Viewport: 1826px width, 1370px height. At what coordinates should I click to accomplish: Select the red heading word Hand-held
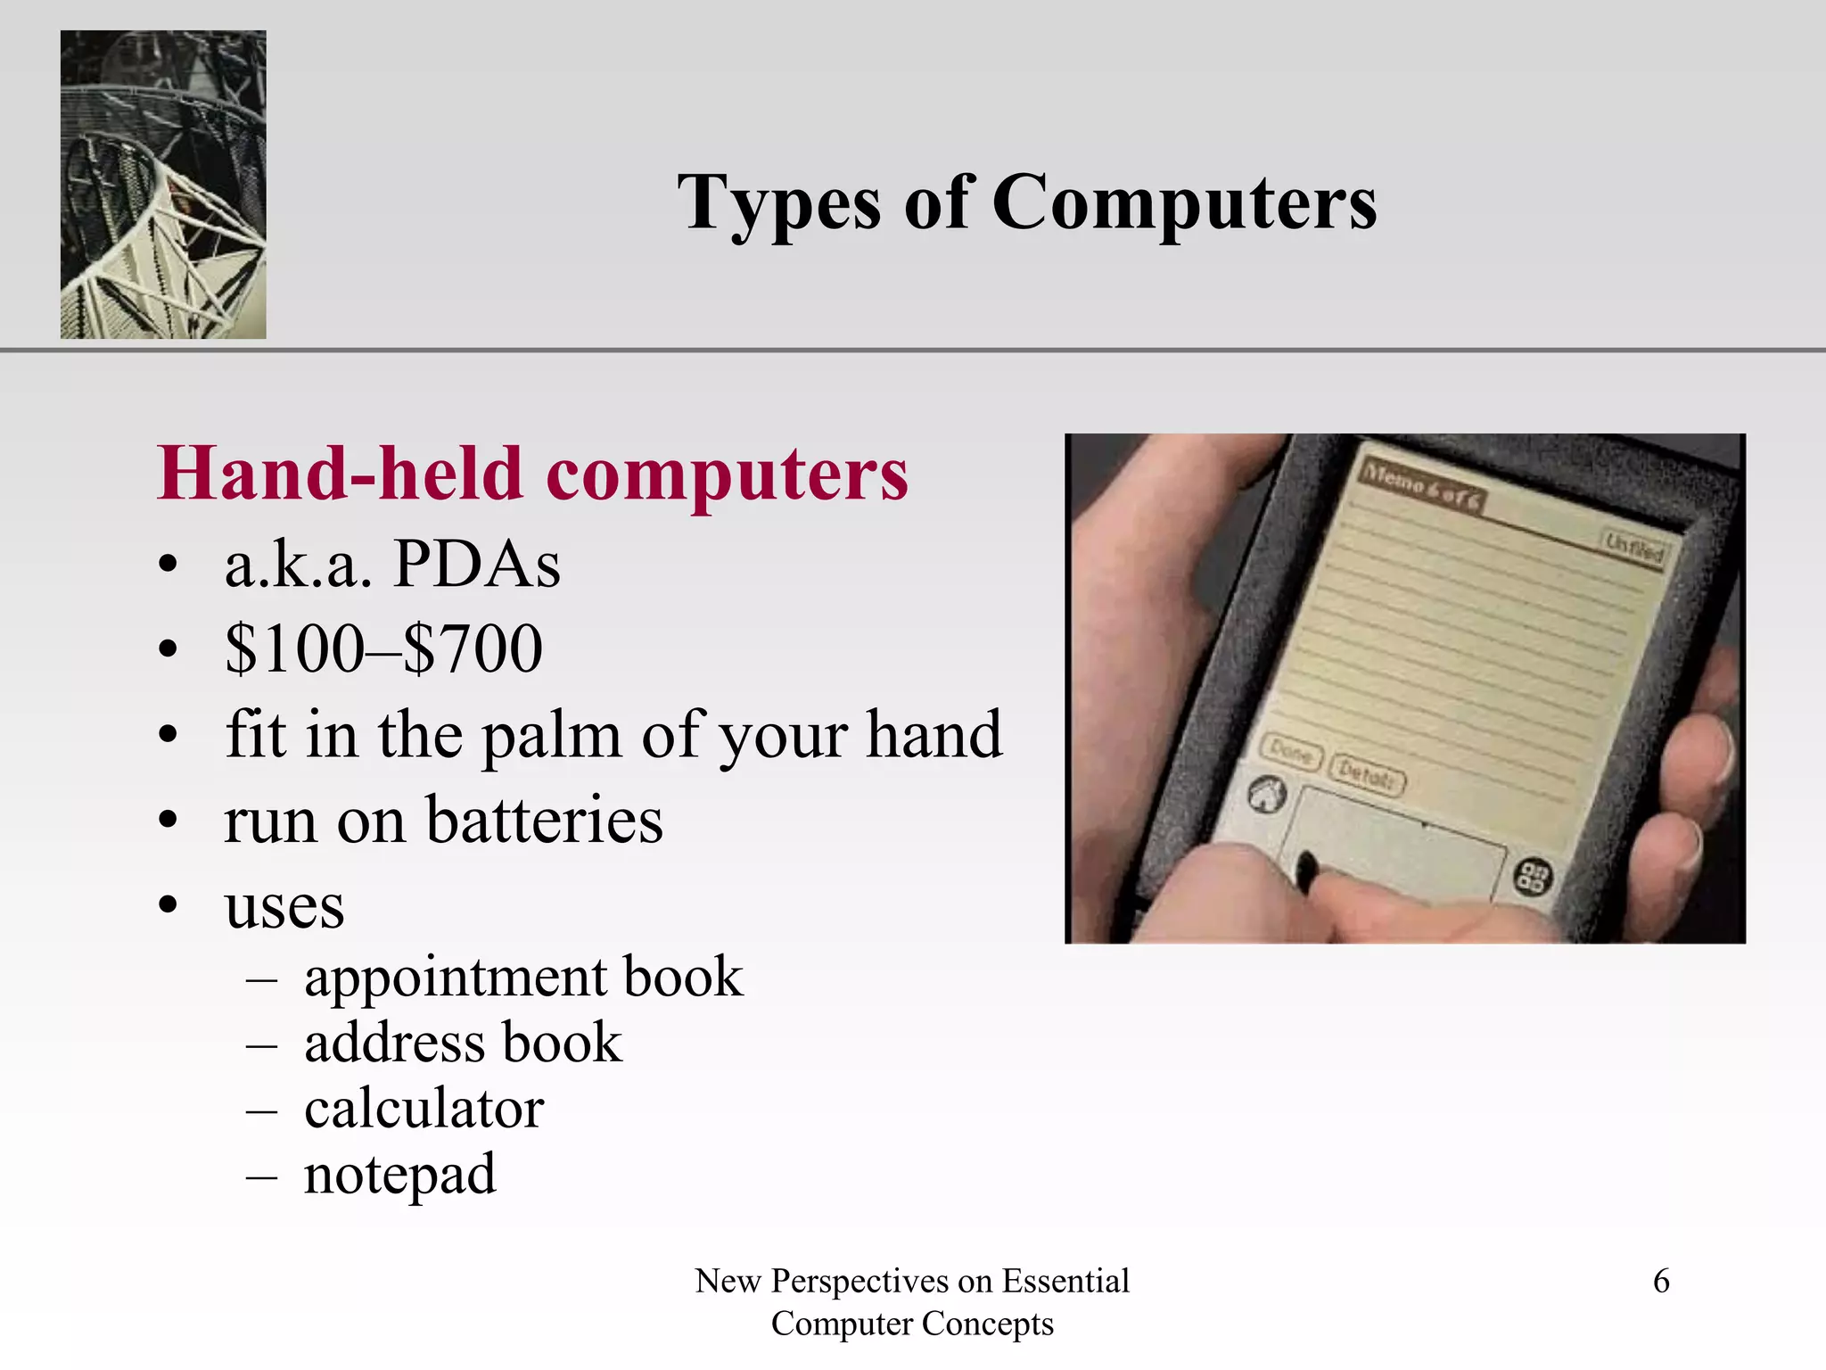pos(340,474)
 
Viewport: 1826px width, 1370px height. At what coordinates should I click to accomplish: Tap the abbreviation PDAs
pos(477,565)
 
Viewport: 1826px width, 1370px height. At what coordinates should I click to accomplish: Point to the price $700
pos(473,648)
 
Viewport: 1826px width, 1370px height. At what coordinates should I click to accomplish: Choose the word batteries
pos(545,820)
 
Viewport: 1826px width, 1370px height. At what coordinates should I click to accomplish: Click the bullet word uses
pos(284,907)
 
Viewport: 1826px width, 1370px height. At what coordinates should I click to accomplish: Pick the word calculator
pos(424,1109)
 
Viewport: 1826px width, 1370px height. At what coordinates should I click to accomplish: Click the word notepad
pos(399,1175)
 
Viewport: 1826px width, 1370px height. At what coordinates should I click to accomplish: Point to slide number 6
pos(1661,1281)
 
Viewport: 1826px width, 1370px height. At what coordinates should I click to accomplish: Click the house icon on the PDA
pos(1265,794)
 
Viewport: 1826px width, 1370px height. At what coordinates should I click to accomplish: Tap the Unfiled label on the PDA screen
pos(1633,547)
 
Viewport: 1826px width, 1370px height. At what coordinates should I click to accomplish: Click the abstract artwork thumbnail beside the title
pos(163,185)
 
